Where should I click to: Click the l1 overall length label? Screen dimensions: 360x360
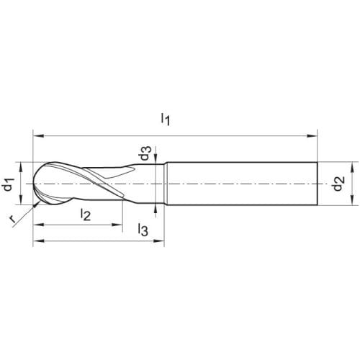pos(166,120)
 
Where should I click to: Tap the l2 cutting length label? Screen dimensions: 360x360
pos(86,215)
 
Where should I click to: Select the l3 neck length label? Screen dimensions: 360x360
pos(143,230)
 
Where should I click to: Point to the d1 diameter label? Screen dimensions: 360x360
pos(9,184)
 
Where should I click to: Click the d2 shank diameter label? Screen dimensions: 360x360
pos(339,184)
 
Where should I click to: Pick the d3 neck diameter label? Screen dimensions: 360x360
pos(145,153)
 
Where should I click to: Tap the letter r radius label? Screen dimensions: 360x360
pos(12,219)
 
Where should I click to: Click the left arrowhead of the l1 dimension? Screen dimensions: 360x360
pos(38,136)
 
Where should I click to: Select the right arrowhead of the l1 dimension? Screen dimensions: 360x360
pos(312,136)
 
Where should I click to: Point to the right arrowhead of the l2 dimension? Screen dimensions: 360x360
pos(117,225)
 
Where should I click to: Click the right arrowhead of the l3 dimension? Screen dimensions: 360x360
pos(158,240)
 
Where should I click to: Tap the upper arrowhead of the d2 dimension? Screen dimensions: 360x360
pos(352,168)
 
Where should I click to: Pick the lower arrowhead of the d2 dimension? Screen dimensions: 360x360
pos(352,199)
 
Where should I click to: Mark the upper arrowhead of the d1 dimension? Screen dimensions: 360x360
pos(21,168)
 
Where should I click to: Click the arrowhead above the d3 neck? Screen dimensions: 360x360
pos(156,158)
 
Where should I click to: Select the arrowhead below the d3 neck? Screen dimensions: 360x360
pos(156,209)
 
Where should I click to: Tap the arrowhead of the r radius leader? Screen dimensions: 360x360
pos(36,204)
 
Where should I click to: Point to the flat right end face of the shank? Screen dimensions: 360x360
pos(318,184)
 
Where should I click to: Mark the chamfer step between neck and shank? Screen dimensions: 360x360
pos(166,184)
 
